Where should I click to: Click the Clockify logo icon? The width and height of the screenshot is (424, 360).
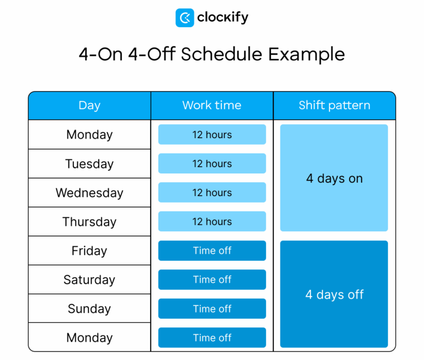point(184,18)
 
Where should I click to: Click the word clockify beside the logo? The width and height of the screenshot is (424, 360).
point(222,18)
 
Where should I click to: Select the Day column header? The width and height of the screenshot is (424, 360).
point(89,105)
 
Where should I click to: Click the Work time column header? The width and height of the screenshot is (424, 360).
point(212,105)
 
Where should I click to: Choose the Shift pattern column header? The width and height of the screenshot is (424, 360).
point(334,105)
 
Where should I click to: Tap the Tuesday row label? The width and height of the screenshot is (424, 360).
point(89,164)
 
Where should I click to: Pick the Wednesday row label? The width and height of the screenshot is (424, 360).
point(89,193)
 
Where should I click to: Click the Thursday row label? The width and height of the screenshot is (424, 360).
point(89,222)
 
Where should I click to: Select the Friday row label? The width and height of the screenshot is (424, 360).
point(89,251)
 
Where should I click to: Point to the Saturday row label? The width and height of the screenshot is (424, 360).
point(89,280)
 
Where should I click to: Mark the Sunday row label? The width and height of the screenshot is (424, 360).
point(89,309)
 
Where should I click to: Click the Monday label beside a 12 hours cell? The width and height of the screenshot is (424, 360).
point(89,135)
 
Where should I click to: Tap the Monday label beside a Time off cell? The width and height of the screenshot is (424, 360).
point(89,338)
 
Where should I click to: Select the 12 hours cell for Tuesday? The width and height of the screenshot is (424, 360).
point(212,164)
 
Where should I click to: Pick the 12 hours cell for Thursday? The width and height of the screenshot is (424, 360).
point(212,222)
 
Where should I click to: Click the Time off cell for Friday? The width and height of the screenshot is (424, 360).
point(212,251)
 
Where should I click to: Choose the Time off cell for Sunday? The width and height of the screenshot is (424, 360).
point(212,309)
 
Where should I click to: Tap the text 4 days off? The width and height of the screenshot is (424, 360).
point(334,295)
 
